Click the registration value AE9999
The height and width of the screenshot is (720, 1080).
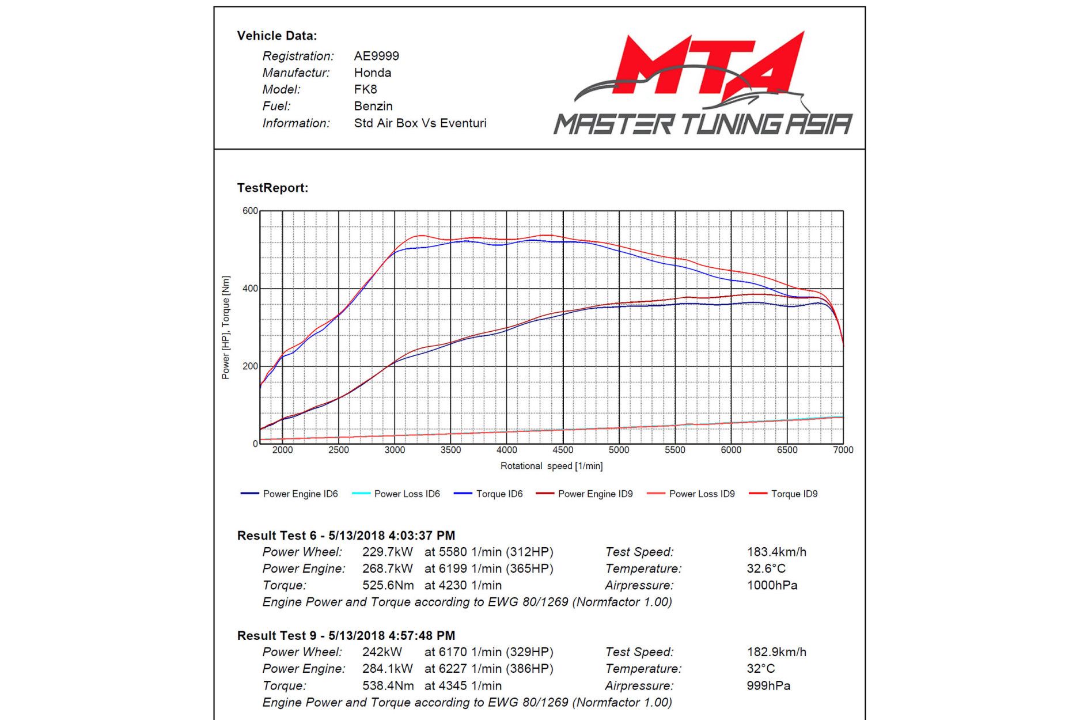tap(376, 56)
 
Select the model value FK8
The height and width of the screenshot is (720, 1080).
tap(365, 89)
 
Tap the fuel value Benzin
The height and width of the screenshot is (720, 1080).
tap(373, 106)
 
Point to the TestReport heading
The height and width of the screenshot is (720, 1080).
tap(272, 188)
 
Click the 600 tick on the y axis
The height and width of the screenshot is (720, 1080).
tap(250, 211)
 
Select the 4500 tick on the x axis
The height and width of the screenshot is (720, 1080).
tap(563, 450)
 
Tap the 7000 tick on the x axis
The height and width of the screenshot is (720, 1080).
tap(843, 450)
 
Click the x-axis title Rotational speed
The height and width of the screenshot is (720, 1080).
tap(551, 465)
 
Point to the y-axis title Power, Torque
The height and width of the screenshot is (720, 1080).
tap(226, 327)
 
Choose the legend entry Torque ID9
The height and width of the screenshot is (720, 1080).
tap(794, 494)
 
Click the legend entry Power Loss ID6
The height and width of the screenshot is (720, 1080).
tap(407, 494)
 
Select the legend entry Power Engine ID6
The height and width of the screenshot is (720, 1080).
tap(300, 494)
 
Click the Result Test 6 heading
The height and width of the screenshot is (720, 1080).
tap(346, 536)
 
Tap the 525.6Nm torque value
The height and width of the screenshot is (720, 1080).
tap(388, 585)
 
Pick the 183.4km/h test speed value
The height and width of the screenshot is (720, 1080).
tap(776, 552)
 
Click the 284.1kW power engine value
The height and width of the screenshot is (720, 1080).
tap(387, 669)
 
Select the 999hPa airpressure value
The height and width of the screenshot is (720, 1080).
tap(768, 685)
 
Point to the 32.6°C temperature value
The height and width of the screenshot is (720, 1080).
tap(766, 569)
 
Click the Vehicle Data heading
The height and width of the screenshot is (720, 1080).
tap(277, 36)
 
